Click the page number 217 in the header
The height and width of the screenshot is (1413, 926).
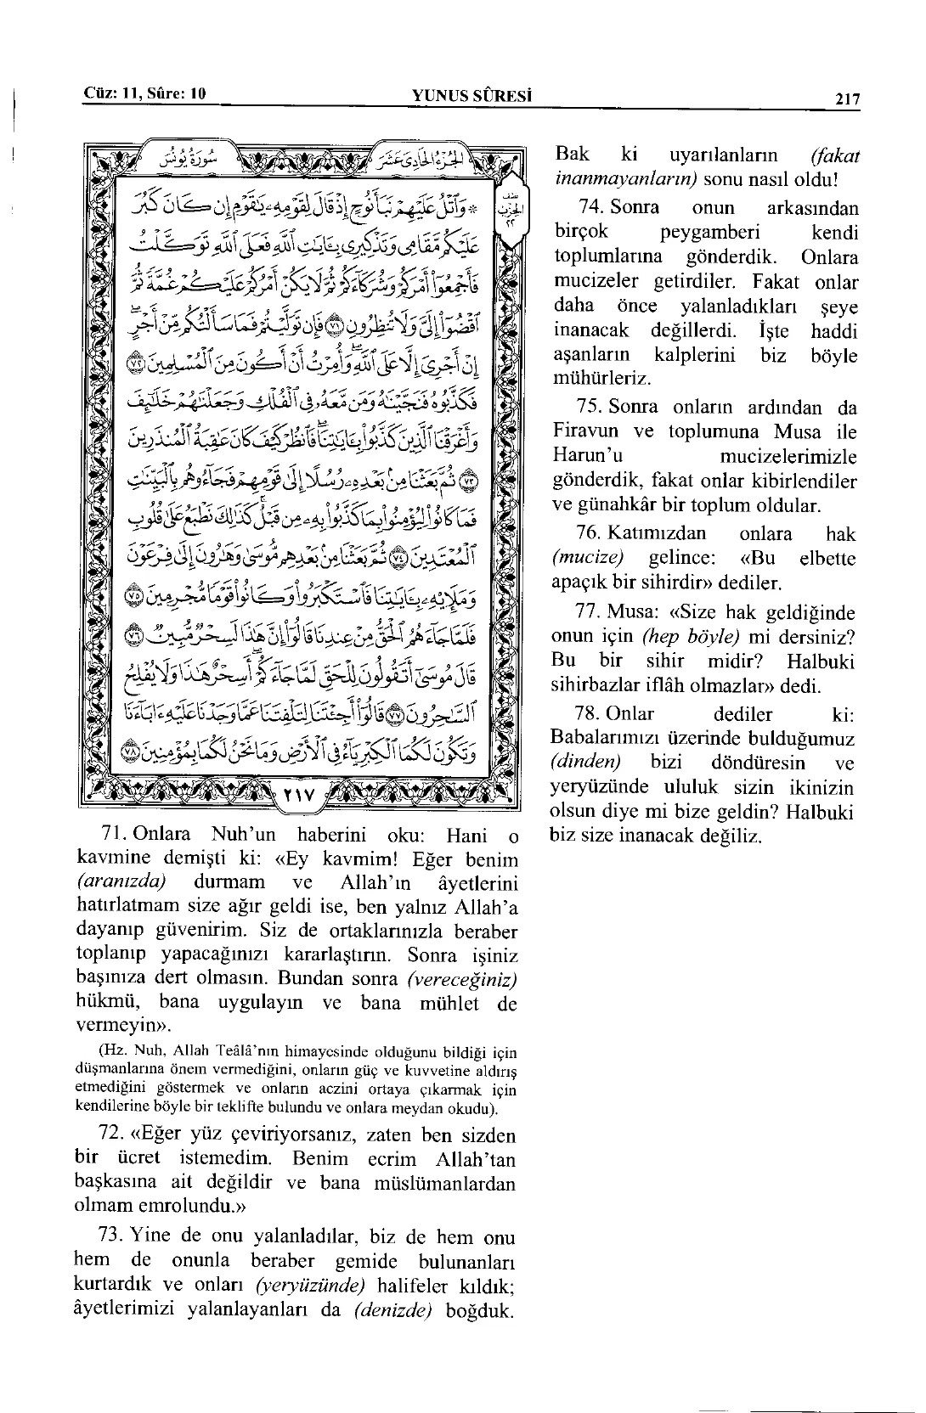(847, 99)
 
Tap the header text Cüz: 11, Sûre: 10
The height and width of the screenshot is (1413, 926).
(146, 93)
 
